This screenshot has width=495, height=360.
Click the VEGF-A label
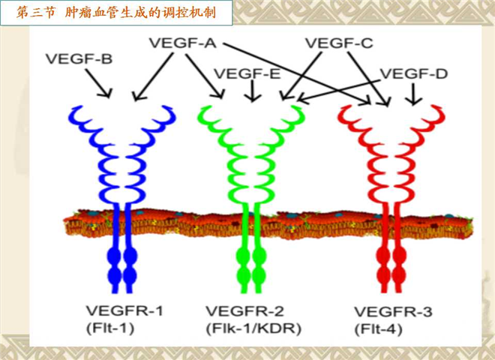(x=182, y=43)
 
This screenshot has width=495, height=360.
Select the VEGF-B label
(x=79, y=59)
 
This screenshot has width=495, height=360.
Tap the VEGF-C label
(x=339, y=43)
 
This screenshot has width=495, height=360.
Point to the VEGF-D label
(x=413, y=73)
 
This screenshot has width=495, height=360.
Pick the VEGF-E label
(x=247, y=73)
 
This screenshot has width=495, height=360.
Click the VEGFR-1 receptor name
(x=124, y=310)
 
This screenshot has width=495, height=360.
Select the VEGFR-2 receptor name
(x=245, y=311)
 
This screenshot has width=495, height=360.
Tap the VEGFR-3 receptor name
(x=393, y=312)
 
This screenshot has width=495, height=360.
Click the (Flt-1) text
(x=110, y=328)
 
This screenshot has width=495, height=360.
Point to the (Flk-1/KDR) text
(x=253, y=328)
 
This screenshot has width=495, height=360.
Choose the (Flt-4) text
(x=379, y=329)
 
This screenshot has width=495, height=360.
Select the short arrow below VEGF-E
(x=252, y=91)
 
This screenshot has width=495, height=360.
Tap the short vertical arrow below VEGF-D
(x=413, y=94)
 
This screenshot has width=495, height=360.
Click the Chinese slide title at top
(x=116, y=13)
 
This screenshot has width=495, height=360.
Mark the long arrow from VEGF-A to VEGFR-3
(x=297, y=73)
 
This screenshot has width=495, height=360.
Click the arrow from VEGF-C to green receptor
(x=301, y=76)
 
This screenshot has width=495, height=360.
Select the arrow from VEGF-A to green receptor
(x=205, y=76)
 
